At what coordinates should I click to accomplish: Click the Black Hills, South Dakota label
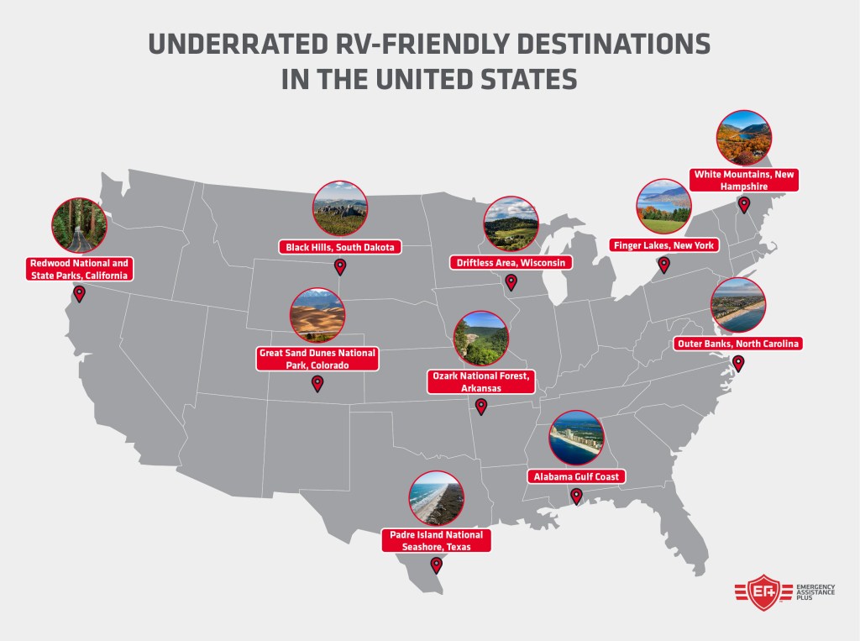[x=340, y=247]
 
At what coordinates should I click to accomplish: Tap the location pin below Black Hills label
[x=340, y=267]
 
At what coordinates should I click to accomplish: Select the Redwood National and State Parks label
[x=79, y=269]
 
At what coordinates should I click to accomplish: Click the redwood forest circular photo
[x=78, y=225]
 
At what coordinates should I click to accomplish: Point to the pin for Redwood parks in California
[x=79, y=294]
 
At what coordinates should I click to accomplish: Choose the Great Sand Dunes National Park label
[x=317, y=359]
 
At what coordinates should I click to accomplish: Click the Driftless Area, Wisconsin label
[x=511, y=262]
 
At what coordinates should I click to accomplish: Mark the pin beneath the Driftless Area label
[x=511, y=282]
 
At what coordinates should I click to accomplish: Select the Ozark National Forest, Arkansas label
[x=480, y=382]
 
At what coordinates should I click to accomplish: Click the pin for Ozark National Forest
[x=480, y=407]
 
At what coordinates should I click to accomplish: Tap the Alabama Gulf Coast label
[x=576, y=476]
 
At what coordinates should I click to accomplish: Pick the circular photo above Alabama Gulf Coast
[x=576, y=437]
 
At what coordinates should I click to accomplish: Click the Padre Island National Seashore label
[x=435, y=540]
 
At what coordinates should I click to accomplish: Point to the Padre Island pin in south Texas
[x=435, y=565]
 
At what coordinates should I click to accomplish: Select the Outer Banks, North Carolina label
[x=738, y=343]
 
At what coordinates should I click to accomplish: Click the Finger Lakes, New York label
[x=664, y=244]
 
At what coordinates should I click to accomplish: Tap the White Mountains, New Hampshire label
[x=743, y=180]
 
